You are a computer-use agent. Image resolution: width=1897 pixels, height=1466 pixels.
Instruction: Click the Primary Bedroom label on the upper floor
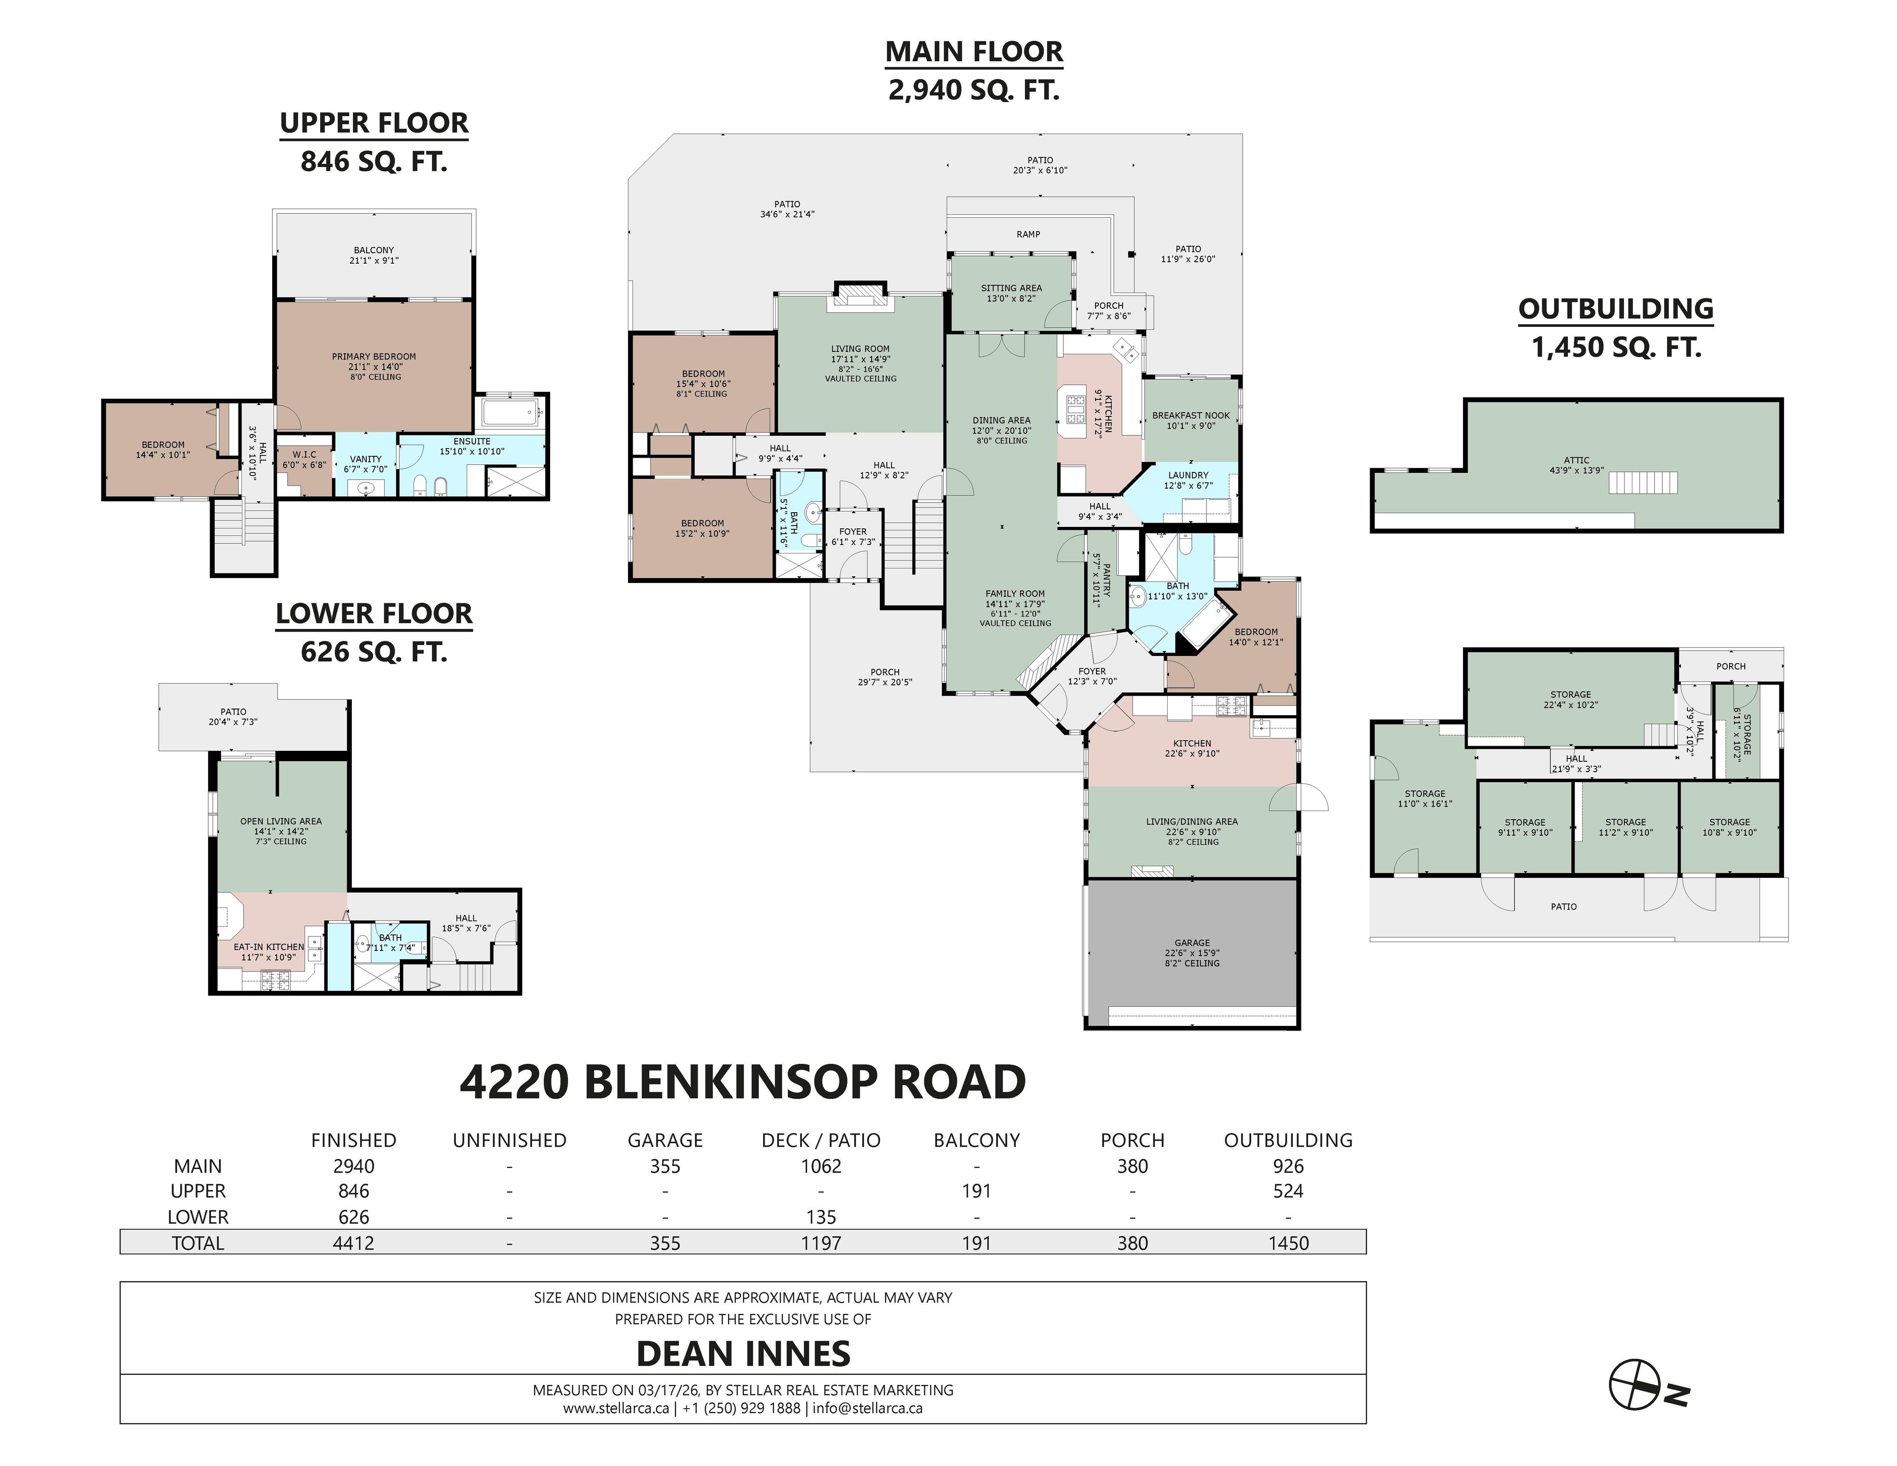click(x=374, y=356)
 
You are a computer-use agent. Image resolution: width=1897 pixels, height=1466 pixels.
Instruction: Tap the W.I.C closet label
click(x=304, y=454)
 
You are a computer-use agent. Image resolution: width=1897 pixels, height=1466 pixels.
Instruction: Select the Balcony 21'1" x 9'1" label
click(x=374, y=255)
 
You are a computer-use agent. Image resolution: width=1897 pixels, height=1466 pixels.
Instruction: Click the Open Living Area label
click(x=281, y=821)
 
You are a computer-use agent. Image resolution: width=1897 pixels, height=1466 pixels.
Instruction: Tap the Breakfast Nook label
click(x=1191, y=415)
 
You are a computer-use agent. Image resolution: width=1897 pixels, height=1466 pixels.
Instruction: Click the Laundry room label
click(x=1188, y=475)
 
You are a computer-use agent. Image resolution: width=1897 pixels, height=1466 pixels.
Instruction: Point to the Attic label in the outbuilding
click(x=1576, y=461)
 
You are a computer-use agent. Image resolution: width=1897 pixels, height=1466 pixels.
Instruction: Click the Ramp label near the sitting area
click(x=1028, y=234)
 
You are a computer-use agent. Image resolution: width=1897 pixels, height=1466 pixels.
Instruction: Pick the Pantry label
click(x=1106, y=579)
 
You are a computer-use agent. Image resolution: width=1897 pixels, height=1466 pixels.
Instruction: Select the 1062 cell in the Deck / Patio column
click(x=821, y=1166)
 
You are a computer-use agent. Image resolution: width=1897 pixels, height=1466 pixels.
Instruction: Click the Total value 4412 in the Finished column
click(x=353, y=1243)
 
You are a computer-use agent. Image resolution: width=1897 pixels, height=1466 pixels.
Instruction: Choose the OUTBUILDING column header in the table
click(x=1288, y=1140)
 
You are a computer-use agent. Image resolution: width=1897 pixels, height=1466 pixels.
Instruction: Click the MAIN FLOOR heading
click(x=974, y=52)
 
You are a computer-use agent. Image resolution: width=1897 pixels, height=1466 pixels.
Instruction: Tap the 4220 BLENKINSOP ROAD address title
click(x=743, y=1082)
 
